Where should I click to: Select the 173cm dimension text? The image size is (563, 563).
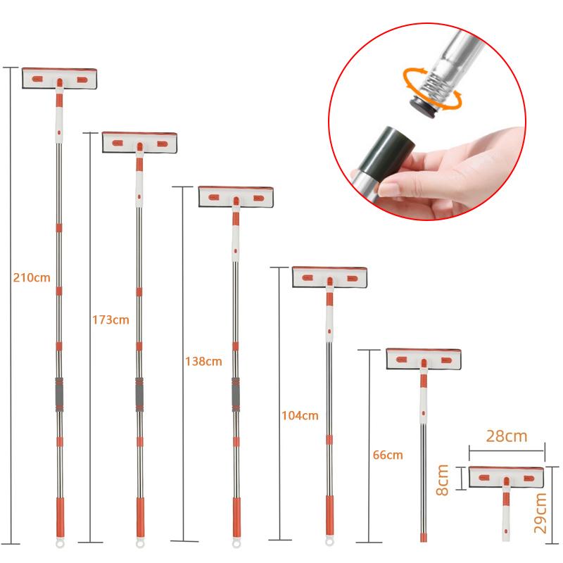pyautogui.click(x=110, y=320)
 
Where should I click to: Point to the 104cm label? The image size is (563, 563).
pyautogui.click(x=299, y=416)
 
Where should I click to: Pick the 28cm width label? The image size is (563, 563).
pyautogui.click(x=506, y=436)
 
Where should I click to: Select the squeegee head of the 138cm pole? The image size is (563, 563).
pyautogui.click(x=236, y=196)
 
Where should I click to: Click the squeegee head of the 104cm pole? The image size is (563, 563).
pyautogui.click(x=330, y=276)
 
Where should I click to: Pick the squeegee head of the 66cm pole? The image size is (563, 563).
pyautogui.click(x=424, y=358)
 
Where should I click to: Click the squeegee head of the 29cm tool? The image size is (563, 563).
pyautogui.click(x=506, y=477)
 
